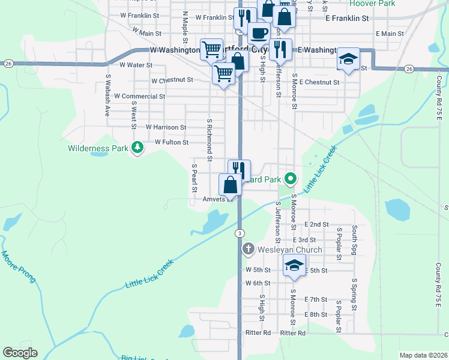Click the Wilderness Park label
pyautogui.click(x=97, y=148)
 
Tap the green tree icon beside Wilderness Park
pyautogui.click(x=137, y=147)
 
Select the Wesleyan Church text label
pyautogui.click(x=291, y=250)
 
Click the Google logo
pyautogui.click(x=20, y=353)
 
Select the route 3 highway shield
pyautogui.click(x=240, y=233)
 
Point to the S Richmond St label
pyautogui.click(x=209, y=139)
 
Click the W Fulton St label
pyautogui.click(x=172, y=142)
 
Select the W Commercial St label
pyautogui.click(x=139, y=96)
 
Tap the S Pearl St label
pyautogui.click(x=194, y=178)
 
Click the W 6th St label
pyautogui.click(x=258, y=283)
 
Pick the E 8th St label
pyautogui.click(x=315, y=314)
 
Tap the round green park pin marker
pyautogui.click(x=291, y=178)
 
